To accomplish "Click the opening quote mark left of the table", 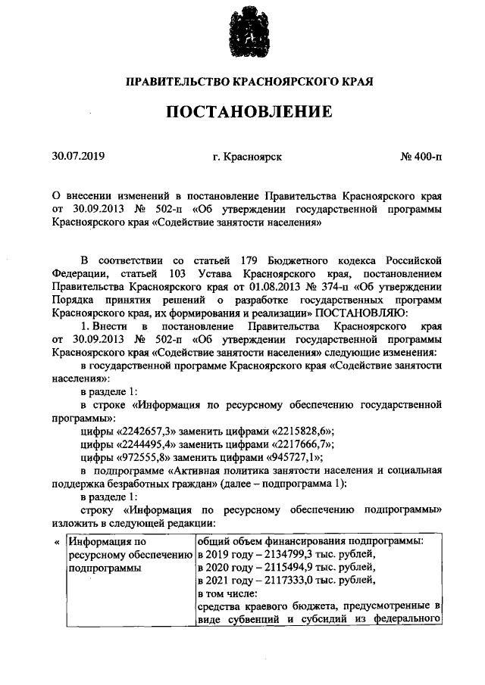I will [x=58, y=542].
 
